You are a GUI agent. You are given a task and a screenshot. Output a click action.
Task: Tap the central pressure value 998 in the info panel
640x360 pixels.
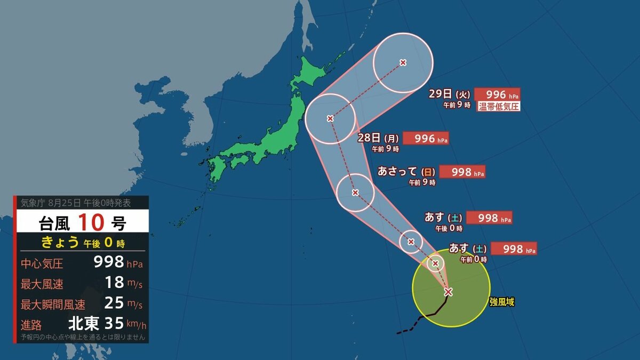(x=109, y=262)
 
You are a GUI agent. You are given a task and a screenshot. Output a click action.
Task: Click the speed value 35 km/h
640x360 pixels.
(x=113, y=323)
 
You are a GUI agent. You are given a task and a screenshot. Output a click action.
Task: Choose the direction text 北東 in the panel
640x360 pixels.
(x=84, y=323)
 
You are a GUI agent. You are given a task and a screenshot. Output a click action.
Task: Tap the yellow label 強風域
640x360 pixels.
(x=502, y=302)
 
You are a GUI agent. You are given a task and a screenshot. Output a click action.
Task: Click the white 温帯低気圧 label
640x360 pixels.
(x=498, y=106)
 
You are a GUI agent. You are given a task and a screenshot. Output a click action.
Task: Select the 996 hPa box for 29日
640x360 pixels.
(x=497, y=94)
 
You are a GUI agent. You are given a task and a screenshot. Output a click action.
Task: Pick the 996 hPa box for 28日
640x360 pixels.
(x=426, y=138)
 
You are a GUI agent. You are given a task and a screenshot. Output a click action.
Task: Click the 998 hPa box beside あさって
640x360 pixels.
(x=462, y=172)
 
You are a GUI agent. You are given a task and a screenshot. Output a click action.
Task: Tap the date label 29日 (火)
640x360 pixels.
(x=449, y=94)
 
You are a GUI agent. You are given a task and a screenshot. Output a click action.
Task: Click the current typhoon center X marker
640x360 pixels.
(x=448, y=292)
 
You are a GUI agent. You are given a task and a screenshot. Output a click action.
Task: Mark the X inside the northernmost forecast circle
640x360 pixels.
(x=403, y=62)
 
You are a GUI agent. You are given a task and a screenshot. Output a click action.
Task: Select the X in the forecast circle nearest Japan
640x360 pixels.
(x=330, y=118)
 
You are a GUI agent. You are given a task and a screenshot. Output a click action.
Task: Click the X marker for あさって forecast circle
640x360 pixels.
(x=355, y=193)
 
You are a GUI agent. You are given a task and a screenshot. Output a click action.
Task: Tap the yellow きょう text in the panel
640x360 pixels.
(x=60, y=243)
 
